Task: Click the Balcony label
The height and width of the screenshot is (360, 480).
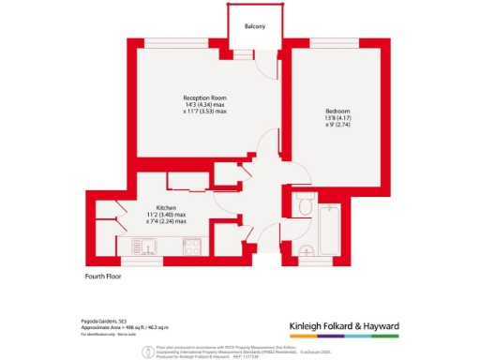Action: tap(255, 26)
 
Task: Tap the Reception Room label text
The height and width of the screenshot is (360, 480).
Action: tap(205, 97)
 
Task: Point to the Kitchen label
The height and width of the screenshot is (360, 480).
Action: tap(167, 207)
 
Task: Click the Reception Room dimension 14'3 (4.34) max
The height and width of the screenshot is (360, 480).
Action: tap(205, 105)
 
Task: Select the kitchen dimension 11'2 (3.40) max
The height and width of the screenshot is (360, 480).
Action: tap(167, 215)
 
